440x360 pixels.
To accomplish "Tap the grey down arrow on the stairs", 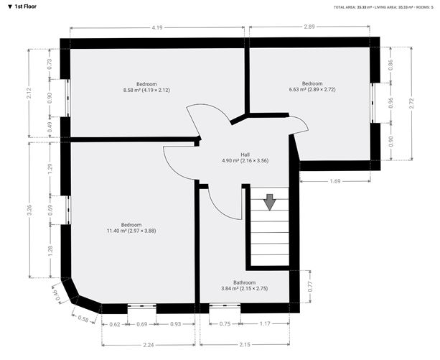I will [270, 202].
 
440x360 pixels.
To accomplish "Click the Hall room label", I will [245, 154].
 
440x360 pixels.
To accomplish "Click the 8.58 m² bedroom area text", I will [145, 90].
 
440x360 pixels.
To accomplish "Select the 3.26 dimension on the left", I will [29, 210].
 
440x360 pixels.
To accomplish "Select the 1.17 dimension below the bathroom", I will [265, 324].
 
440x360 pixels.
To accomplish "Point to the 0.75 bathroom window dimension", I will [225, 324].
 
